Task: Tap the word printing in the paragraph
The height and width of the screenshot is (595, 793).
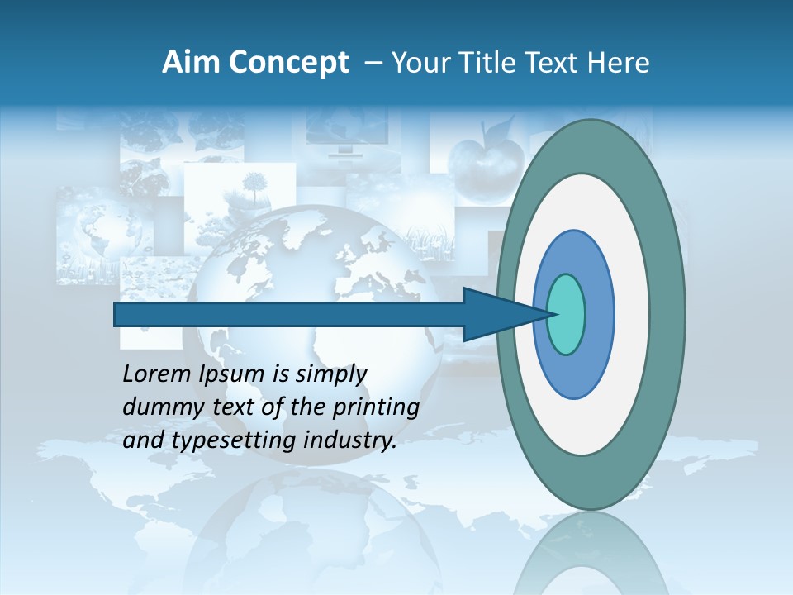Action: (376, 408)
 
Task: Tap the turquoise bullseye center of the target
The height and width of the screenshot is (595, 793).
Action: (566, 314)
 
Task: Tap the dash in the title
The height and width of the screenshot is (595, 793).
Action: (373, 63)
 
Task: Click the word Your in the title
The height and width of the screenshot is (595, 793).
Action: (421, 63)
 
